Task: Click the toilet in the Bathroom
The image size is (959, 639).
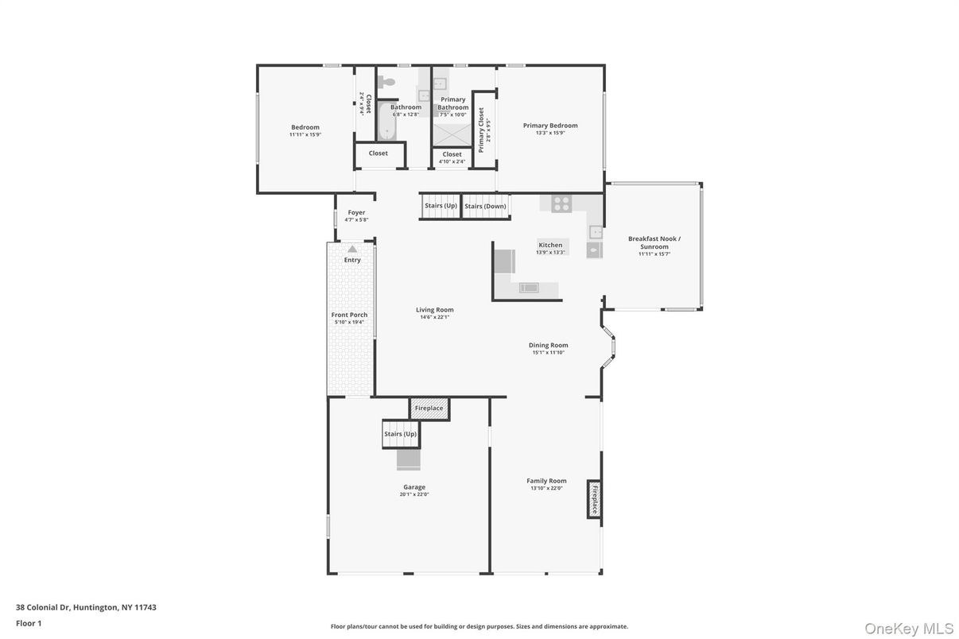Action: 386,81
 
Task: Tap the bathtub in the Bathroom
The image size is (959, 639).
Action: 385,124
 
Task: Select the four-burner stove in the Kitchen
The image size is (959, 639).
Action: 561,203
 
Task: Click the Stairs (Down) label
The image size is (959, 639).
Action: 485,207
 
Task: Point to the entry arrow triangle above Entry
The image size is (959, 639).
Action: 352,249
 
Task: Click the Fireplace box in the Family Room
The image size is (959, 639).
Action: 593,498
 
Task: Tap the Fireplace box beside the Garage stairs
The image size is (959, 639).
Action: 429,409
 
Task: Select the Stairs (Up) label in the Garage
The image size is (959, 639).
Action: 400,434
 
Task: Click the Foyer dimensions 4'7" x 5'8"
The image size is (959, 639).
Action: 356,220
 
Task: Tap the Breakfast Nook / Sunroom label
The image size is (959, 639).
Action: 654,242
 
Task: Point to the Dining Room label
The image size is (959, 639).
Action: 549,345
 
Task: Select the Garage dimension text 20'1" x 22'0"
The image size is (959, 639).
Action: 414,494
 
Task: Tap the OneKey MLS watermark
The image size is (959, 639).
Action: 907,628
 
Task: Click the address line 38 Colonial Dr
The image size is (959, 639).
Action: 86,607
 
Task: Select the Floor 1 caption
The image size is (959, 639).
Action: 29,623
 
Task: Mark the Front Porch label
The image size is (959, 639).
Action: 349,315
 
